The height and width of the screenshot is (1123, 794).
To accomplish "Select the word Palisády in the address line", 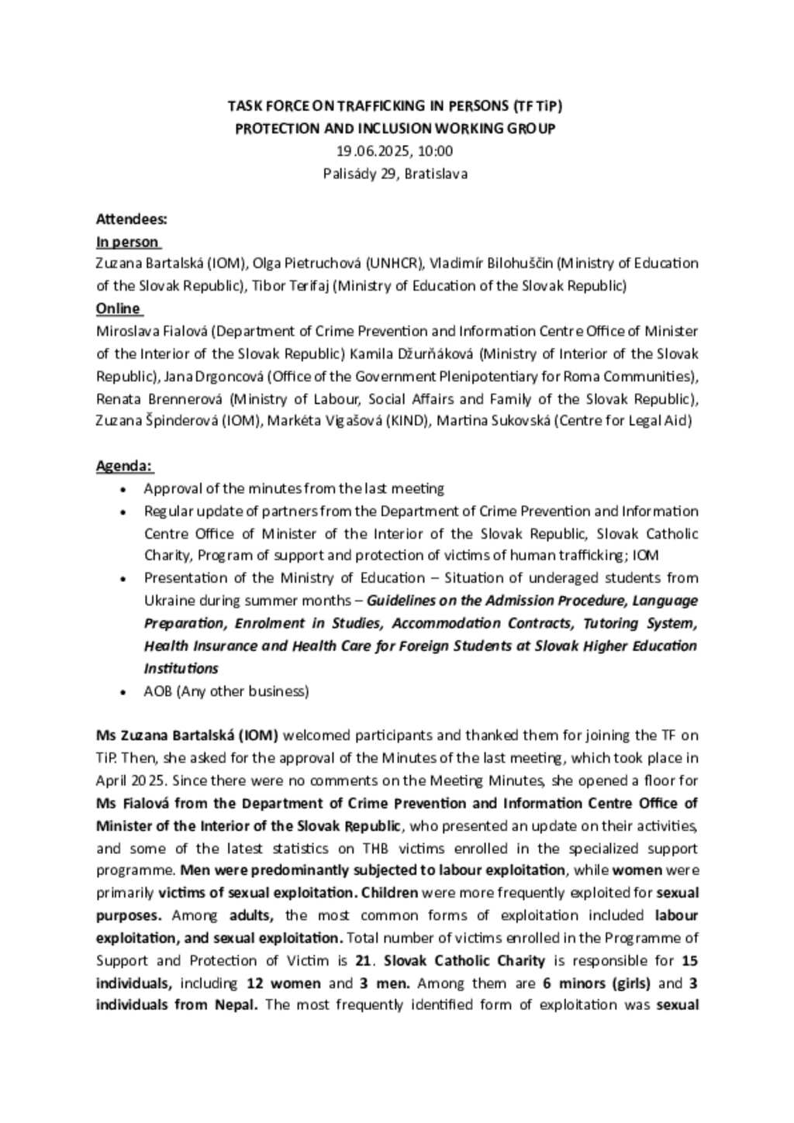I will click(x=349, y=174).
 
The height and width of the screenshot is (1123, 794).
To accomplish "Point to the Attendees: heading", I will click(x=131, y=219).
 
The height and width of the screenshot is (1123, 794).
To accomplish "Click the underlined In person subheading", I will click(x=127, y=242).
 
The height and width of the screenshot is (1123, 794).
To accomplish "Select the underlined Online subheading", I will click(x=118, y=308).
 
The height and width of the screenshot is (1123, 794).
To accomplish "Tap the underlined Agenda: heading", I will click(x=124, y=466).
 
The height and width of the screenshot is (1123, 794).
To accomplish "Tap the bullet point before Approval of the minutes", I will click(x=123, y=489).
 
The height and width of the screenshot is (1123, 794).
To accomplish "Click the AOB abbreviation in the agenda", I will click(x=158, y=691).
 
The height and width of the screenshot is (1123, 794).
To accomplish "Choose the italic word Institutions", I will click(x=181, y=669).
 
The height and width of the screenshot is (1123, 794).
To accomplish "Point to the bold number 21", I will click(x=363, y=961).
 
